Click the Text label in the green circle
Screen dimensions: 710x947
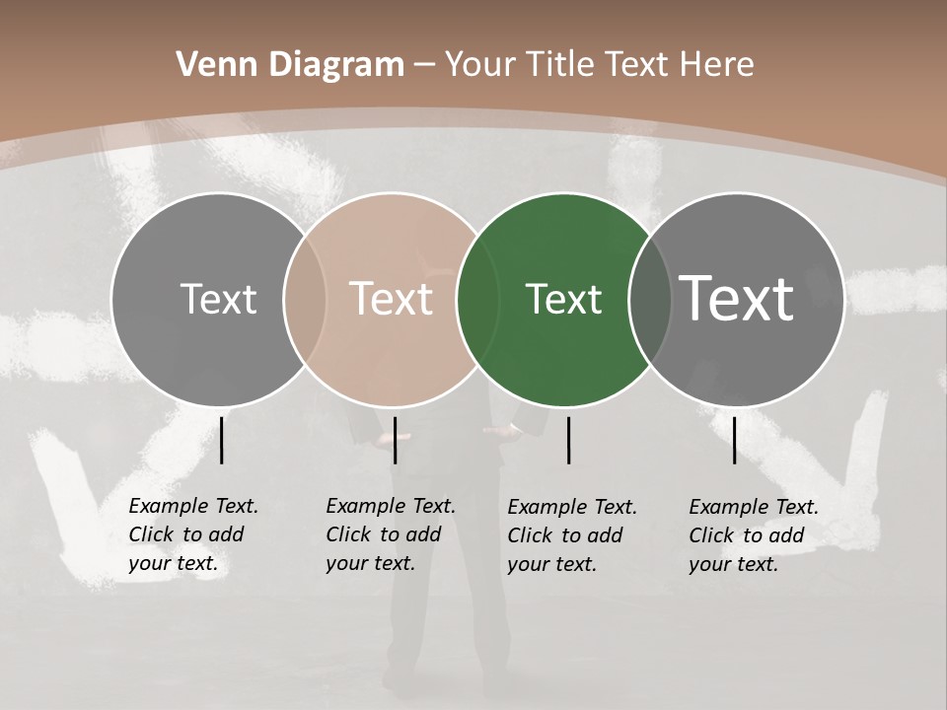point(563,300)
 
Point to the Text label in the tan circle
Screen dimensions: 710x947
point(392,300)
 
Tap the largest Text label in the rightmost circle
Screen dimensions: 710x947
point(736,299)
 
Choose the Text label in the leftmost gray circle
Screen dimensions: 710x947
point(218,300)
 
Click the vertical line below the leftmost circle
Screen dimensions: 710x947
point(222,440)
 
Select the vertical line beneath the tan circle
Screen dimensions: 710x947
point(395,440)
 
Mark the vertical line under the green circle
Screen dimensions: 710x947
point(569,440)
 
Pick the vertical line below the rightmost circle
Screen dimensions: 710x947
point(735,440)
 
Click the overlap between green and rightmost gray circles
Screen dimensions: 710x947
point(651,300)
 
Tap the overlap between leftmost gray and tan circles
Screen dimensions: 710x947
point(305,300)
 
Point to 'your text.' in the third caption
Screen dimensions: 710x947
point(552,564)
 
